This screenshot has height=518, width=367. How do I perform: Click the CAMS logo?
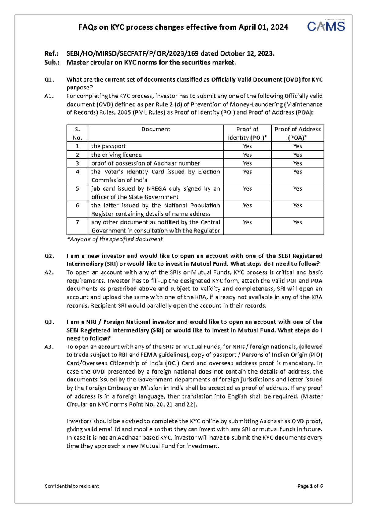click(x=326, y=26)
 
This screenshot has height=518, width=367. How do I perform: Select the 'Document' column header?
click(x=156, y=129)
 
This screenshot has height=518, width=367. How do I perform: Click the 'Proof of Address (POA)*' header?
click(x=297, y=133)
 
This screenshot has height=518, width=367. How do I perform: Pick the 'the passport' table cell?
click(x=108, y=146)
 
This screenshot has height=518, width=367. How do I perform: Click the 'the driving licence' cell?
click(x=116, y=155)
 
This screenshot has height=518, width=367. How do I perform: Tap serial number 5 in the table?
click(x=77, y=189)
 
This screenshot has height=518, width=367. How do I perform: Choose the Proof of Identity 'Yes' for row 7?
click(x=247, y=222)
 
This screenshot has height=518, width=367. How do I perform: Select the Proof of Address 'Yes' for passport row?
click(x=297, y=146)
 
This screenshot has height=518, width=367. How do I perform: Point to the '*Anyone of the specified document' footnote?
click(x=115, y=239)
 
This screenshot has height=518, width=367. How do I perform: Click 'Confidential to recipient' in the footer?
click(x=72, y=486)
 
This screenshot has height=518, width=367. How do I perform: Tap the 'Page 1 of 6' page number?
click(x=310, y=486)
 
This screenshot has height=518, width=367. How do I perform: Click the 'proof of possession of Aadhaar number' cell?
click(x=146, y=163)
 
